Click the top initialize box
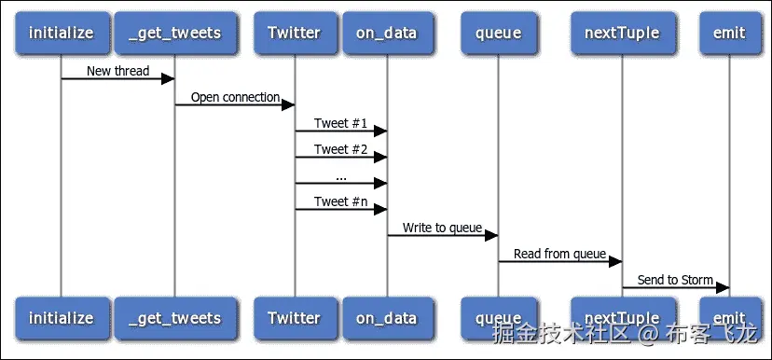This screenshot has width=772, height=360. pos(62,33)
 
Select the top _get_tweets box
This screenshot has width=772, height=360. pos(174,33)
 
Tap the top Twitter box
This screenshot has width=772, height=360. pos(294,33)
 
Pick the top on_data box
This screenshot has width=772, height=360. pos(387,33)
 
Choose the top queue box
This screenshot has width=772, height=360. pos(498,33)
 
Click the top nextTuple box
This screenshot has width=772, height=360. pos(622,33)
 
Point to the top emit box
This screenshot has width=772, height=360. pos(728,33)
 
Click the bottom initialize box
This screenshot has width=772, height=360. pos(62,318)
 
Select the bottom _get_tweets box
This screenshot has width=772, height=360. pos(174,318)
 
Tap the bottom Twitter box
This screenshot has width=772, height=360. pos(294,318)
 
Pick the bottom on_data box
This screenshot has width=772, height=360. pos(387,318)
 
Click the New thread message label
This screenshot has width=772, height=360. pos(117,71)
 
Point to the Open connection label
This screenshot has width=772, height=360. pos(235,97)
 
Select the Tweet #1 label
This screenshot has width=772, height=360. pos(340,123)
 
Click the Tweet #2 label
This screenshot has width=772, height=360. pos(340,149)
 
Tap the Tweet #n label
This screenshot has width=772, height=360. pos(340,201)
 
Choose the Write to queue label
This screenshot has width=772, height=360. pos(442,228)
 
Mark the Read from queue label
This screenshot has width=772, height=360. pos(559,254)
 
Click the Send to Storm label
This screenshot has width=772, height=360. pos(675,280)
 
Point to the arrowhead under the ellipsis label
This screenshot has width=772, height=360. pos(380,183)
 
